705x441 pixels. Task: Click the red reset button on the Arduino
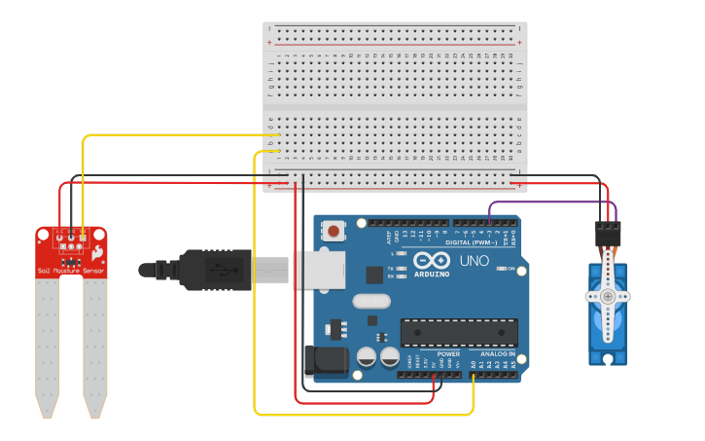click(335, 232)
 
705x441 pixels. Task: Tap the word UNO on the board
click(474, 261)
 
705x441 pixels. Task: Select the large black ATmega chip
click(458, 332)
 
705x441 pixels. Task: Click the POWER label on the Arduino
click(447, 353)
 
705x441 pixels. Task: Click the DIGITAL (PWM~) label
click(473, 242)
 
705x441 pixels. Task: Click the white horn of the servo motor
click(609, 296)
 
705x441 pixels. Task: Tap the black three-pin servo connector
click(608, 233)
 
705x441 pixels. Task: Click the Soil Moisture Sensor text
click(70, 271)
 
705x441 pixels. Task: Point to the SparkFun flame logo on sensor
click(97, 251)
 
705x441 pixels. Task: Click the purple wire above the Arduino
click(549, 202)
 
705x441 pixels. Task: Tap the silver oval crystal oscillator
click(371, 301)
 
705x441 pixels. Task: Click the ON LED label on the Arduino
click(510, 268)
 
